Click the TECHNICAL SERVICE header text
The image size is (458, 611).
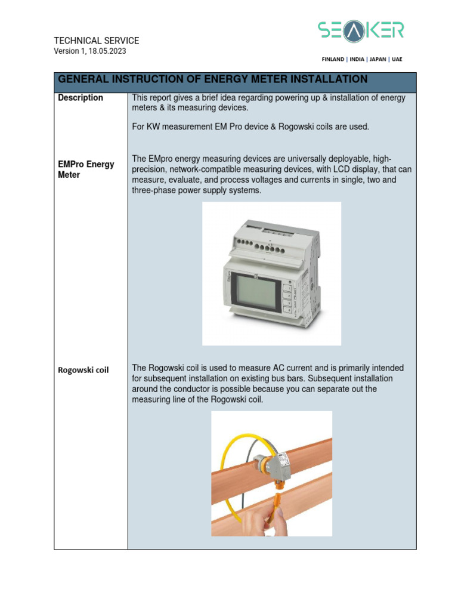[x=97, y=41]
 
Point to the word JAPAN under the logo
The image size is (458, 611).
[x=378, y=60]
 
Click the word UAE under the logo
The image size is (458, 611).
[x=397, y=60]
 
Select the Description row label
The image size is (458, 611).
[x=81, y=98]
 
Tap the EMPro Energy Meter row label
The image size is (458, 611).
[x=86, y=169]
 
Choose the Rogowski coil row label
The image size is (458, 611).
[x=83, y=370]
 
